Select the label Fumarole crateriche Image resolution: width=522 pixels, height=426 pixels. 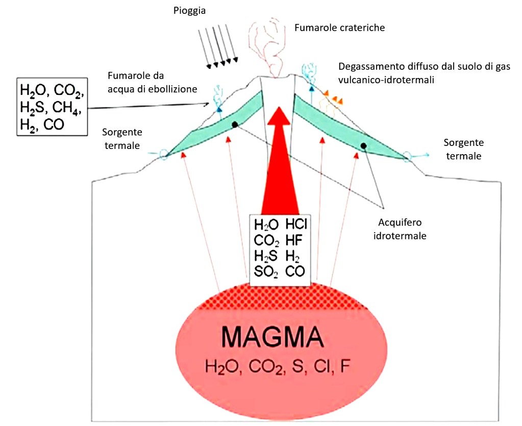point(339,28)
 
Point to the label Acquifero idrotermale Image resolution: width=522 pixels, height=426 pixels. point(402,230)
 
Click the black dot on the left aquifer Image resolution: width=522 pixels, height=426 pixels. point(234,124)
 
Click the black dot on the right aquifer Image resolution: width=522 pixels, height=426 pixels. point(363,146)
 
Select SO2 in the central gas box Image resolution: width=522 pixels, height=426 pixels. point(266,272)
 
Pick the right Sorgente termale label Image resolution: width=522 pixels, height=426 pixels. point(463,149)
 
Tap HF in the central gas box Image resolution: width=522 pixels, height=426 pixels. point(293,240)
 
